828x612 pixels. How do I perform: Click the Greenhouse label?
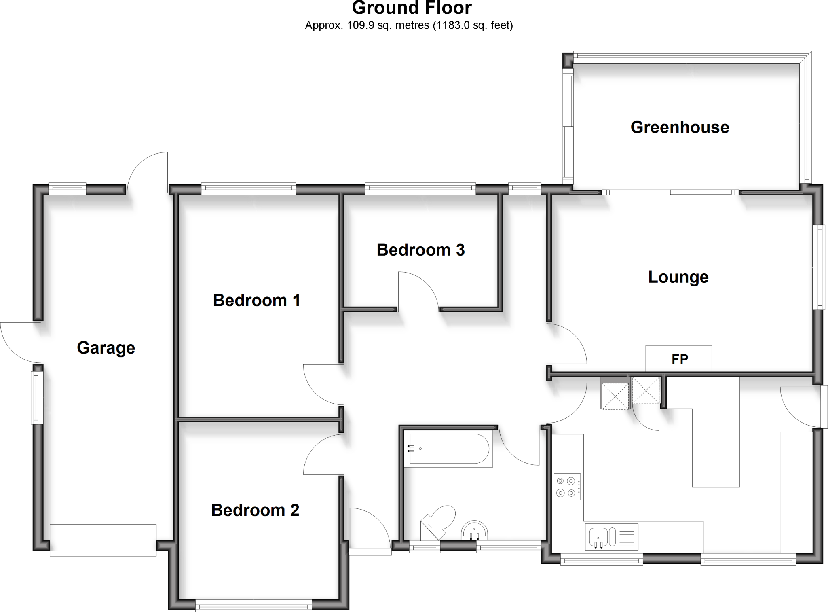click(680, 127)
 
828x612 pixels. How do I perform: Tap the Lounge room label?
click(678, 277)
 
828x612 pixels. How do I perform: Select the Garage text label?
click(106, 348)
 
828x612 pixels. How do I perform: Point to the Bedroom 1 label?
click(256, 301)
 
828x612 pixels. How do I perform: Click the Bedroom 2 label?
click(255, 510)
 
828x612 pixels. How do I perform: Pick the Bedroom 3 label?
click(420, 250)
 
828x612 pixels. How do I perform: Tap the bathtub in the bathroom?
click(449, 449)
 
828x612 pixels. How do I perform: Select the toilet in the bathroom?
click(439, 522)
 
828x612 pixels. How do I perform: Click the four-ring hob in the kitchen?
click(567, 487)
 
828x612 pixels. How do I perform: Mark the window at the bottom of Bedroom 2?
click(253, 606)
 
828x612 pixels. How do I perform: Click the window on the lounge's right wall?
click(820, 267)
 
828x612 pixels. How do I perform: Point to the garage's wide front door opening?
click(103, 540)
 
